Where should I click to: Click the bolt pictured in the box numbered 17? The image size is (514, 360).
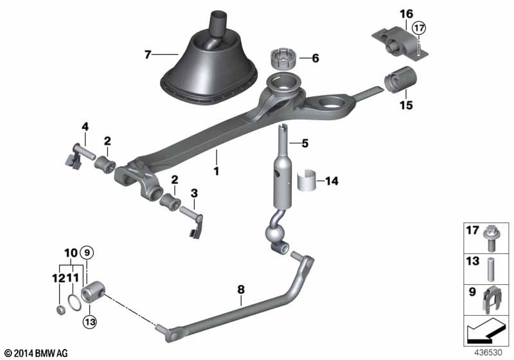(x=490, y=238)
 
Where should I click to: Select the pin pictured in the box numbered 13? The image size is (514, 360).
(x=490, y=269)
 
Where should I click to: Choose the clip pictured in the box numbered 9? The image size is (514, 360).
(x=491, y=298)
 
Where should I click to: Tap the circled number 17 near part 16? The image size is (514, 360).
(x=419, y=28)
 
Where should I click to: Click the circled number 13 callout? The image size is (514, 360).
(x=89, y=322)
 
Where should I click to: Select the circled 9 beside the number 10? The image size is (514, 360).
(x=87, y=253)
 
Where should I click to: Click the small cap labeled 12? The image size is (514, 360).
(x=60, y=310)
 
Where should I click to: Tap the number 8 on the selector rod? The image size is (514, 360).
(x=241, y=290)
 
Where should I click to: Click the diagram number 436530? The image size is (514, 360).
(x=488, y=353)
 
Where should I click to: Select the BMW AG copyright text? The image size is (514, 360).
(x=36, y=353)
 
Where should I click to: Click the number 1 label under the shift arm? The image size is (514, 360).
(x=216, y=171)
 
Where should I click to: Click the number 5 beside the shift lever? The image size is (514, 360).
(x=305, y=143)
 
